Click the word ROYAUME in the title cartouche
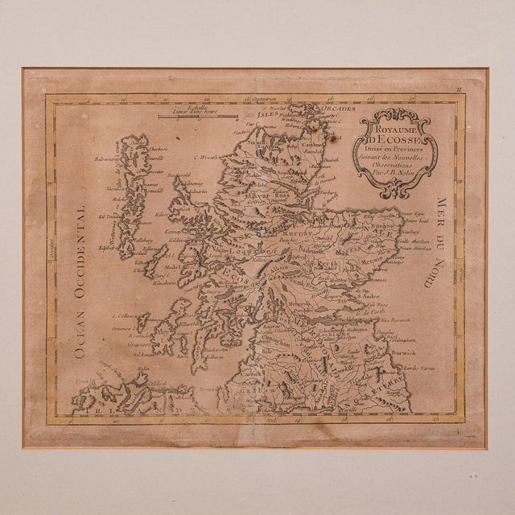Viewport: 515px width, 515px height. click(398, 126)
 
